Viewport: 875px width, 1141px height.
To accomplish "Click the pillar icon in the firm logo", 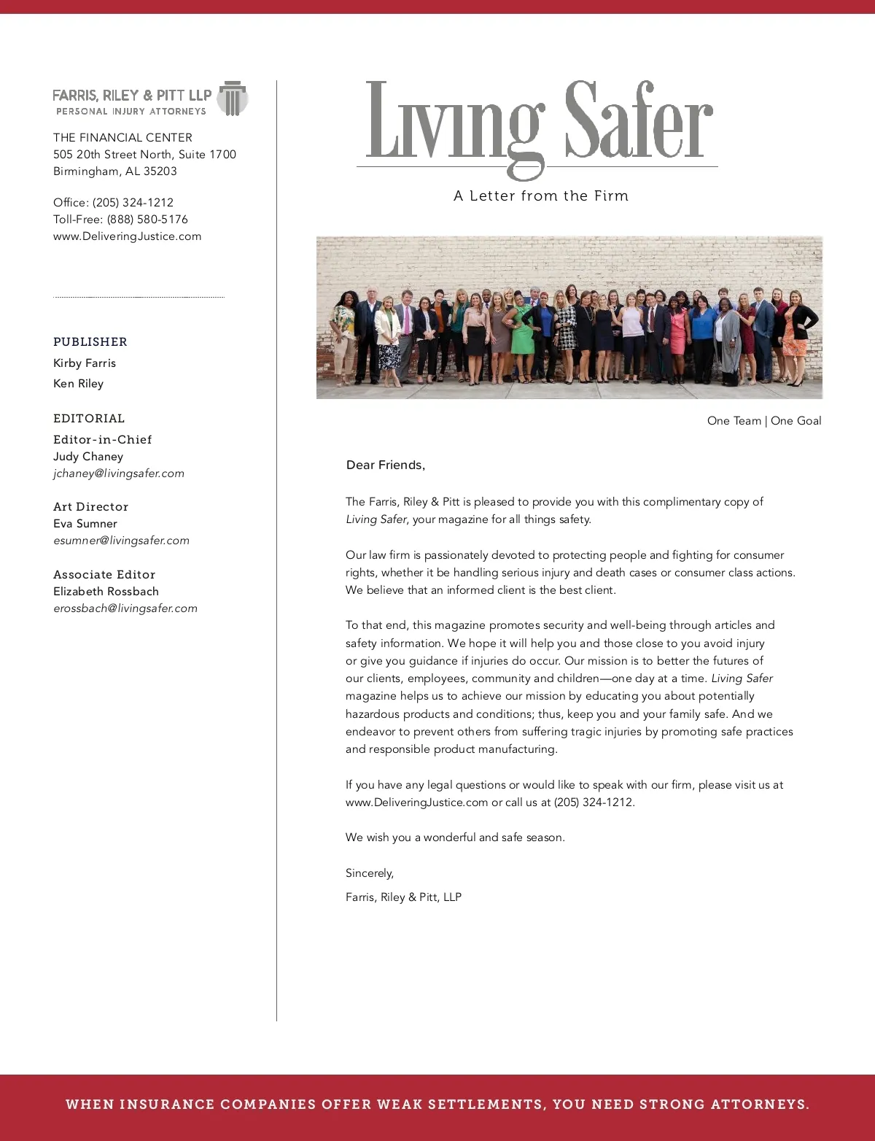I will point(233,98).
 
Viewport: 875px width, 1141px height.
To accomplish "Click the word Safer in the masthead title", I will point(639,121).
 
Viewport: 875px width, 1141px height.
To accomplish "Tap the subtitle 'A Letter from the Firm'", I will point(540,196).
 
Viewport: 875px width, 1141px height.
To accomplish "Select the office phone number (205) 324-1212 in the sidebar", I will point(133,202).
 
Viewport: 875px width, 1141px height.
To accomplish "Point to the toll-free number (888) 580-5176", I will point(147,219).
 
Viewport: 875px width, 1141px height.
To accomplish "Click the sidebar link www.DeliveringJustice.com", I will point(127,236).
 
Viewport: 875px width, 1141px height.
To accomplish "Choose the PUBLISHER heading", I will point(90,341).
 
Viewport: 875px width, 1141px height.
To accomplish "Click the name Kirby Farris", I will point(85,363).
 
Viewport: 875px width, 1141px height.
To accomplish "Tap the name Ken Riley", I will point(78,383).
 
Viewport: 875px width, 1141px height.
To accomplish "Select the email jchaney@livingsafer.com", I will point(119,473).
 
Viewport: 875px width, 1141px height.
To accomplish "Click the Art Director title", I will point(90,506).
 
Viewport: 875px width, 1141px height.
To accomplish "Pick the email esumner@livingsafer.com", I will point(121,540).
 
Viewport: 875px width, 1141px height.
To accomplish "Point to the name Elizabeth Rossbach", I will point(106,591).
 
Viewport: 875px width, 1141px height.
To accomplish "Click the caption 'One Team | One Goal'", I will point(763,420).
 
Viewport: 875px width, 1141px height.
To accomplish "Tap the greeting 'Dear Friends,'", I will point(385,465).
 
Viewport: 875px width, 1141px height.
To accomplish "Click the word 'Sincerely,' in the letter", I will point(369,873).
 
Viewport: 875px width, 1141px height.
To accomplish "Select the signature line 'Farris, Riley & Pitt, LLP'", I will point(403,897).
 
